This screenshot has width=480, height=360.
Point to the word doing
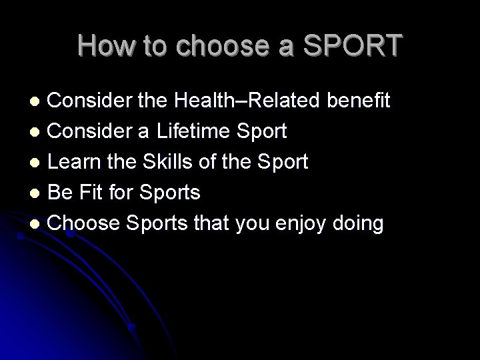point(359,223)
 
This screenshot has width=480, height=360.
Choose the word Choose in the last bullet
point(79,223)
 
